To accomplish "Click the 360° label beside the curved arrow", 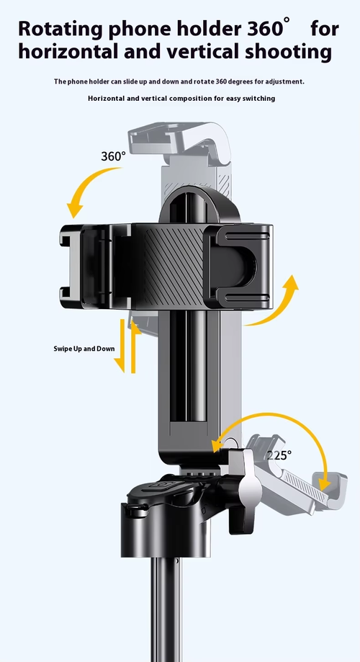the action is pyautogui.click(x=113, y=156).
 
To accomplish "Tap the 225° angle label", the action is pyautogui.click(x=279, y=455).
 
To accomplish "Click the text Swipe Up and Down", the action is pyautogui.click(x=84, y=349).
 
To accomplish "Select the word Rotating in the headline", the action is pyautogui.click(x=60, y=30).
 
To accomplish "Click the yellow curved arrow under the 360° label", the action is pyautogui.click(x=84, y=186).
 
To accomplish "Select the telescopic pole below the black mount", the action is pyautogui.click(x=166, y=609).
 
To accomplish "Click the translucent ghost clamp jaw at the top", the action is pyautogui.click(x=180, y=143).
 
